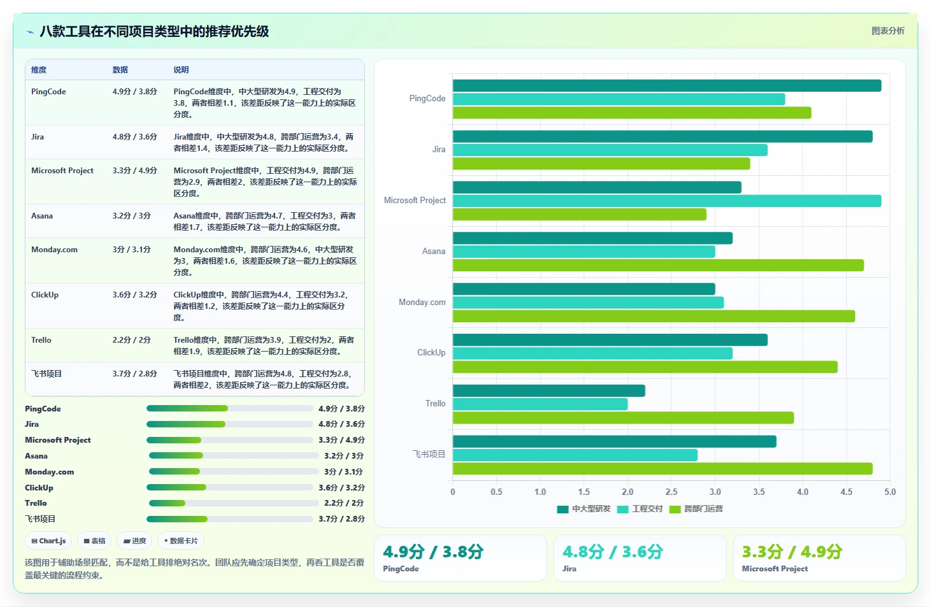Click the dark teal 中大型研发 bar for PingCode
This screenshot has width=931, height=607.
point(667,85)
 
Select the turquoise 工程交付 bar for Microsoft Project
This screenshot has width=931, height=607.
point(667,201)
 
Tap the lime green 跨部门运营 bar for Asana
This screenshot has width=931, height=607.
point(658,265)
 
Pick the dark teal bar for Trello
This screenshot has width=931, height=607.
point(549,391)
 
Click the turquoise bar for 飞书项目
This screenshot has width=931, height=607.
point(575,455)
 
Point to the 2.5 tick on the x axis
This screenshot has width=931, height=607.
point(671,492)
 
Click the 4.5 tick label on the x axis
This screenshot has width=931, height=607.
point(846,492)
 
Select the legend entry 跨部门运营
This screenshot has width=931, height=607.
point(696,509)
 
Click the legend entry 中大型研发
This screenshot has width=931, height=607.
point(583,509)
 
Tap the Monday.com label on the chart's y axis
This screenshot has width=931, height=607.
point(422,303)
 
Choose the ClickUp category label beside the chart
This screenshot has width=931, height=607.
point(431,353)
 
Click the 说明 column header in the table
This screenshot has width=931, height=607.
point(181,70)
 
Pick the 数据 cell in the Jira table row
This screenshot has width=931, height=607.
point(134,137)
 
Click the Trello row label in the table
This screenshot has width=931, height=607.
point(41,340)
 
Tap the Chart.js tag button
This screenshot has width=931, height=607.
point(48,541)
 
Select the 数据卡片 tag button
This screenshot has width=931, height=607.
point(181,541)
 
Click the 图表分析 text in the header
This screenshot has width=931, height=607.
point(888,31)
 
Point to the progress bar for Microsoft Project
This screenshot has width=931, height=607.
point(229,440)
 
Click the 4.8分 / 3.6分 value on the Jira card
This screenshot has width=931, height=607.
point(612,552)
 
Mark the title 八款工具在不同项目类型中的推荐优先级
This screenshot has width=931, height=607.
point(154,32)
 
